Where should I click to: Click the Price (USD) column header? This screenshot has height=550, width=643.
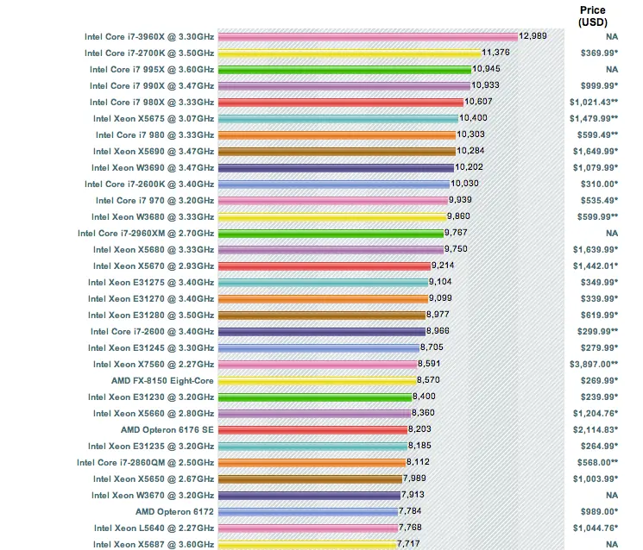(x=593, y=16)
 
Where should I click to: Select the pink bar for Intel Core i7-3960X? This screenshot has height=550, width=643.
(x=368, y=37)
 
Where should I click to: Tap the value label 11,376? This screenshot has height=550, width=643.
(x=495, y=53)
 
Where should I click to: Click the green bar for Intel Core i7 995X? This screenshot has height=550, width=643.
(x=344, y=70)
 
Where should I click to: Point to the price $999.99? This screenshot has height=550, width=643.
(x=599, y=85)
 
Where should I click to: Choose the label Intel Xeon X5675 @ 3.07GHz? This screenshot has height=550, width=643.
(x=154, y=119)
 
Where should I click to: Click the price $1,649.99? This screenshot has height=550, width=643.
(x=596, y=151)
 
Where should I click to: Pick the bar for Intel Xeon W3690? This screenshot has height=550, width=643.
(x=336, y=168)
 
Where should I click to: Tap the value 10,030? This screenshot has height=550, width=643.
(x=464, y=184)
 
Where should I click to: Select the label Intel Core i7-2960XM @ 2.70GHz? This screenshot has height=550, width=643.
(x=146, y=234)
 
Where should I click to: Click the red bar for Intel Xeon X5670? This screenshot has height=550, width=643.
(x=324, y=266)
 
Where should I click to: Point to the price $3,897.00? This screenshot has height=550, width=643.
(x=594, y=364)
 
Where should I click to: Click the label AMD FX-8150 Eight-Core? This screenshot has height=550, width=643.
(x=162, y=381)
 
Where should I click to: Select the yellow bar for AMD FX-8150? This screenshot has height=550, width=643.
(x=317, y=381)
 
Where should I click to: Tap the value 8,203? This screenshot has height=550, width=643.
(x=419, y=429)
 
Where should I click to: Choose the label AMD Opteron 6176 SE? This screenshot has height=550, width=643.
(x=167, y=430)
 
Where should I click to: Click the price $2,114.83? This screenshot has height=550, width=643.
(x=596, y=429)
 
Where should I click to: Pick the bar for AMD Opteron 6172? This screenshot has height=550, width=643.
(x=308, y=512)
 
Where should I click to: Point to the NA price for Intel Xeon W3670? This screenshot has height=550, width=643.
(x=612, y=495)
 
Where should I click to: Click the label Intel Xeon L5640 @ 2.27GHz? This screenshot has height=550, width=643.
(x=154, y=528)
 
